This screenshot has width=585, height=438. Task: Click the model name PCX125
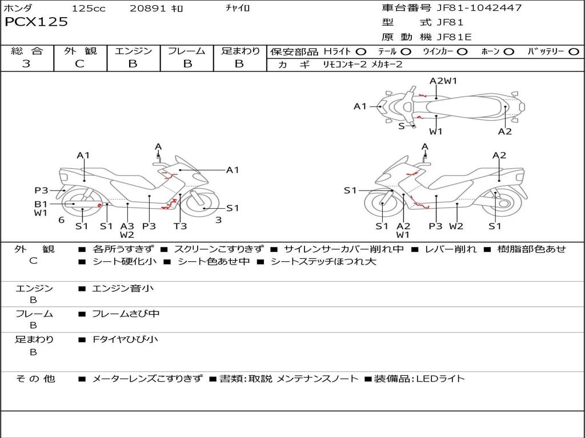(x=36, y=22)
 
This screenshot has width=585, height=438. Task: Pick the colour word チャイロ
(x=238, y=9)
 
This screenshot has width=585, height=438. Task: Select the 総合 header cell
(x=27, y=51)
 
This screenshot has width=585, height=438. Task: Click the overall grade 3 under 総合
(x=26, y=64)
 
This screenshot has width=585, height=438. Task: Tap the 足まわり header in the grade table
(x=240, y=51)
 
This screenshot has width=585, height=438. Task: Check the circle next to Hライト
(x=361, y=52)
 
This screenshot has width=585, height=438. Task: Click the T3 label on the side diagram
(x=180, y=226)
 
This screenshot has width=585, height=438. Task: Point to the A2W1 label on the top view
(x=443, y=80)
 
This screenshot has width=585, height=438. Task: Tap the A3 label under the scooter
(x=127, y=226)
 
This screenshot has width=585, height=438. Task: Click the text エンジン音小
(x=123, y=289)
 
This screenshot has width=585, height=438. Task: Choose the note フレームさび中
(x=126, y=314)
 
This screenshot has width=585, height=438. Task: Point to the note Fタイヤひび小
(x=125, y=339)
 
